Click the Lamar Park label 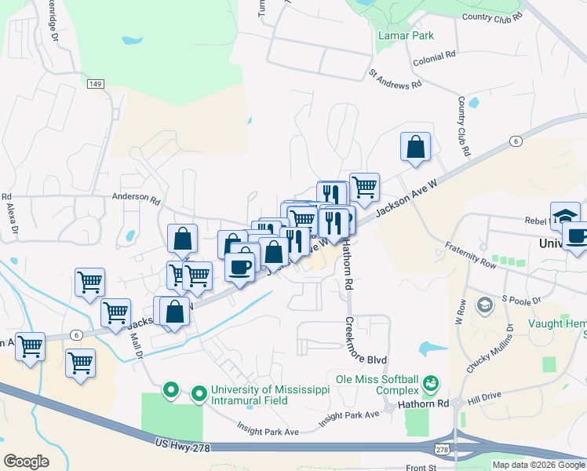406,35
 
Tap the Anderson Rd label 136,199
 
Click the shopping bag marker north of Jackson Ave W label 415,147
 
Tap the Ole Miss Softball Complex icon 429,383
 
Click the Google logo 26,461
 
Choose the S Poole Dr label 522,300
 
